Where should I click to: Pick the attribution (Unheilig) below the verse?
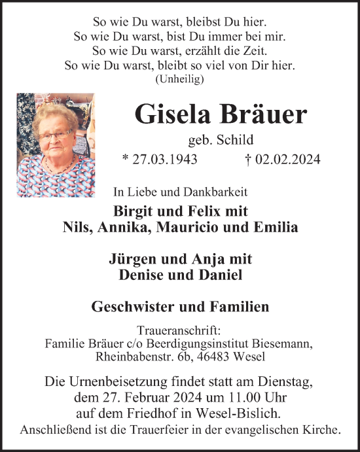180,79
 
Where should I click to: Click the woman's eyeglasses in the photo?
56,135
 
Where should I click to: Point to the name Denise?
142,275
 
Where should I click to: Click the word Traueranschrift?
179,331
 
